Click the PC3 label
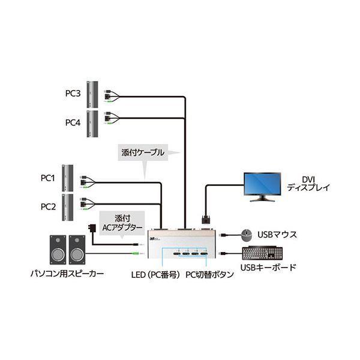pyautogui.click(x=73, y=94)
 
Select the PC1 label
pyautogui.click(x=48, y=178)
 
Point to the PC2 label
pyautogui.click(x=48, y=206)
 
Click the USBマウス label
pyautogui.click(x=277, y=235)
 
